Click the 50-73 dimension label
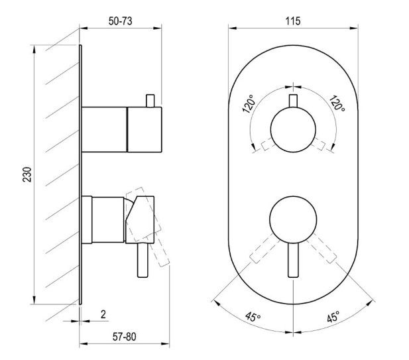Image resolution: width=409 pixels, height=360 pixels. pyautogui.click(x=120, y=21)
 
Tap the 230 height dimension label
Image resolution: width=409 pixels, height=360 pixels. pyautogui.click(x=27, y=174)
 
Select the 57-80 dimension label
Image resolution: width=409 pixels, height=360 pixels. pyautogui.click(x=125, y=337)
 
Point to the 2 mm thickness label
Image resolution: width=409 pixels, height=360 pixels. pyautogui.click(x=103, y=314)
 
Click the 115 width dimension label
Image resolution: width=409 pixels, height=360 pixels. pyautogui.click(x=293, y=21)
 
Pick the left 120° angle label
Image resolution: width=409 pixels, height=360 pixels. pyautogui.click(x=249, y=104)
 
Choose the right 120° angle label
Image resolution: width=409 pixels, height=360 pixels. pyautogui.click(x=337, y=103)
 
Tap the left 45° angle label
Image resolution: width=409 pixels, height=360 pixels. pyautogui.click(x=253, y=317)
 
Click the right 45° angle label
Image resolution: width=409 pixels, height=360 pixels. pyautogui.click(x=333, y=316)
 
